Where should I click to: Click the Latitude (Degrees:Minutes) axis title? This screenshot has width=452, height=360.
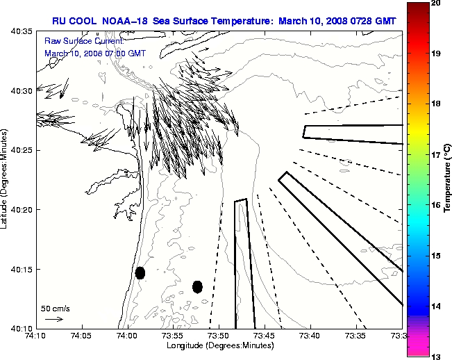tap(6, 180)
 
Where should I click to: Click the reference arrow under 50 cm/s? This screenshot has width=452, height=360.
tap(53, 319)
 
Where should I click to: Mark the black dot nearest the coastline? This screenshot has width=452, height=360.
tap(140, 272)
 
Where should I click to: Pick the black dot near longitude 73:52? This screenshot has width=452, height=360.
tap(197, 286)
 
